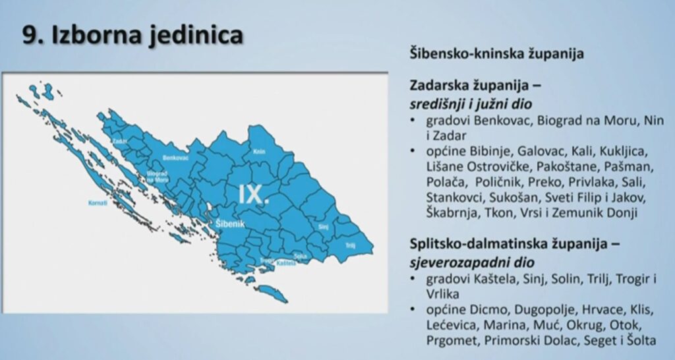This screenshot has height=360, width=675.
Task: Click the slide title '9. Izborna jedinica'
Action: pyautogui.click(x=132, y=35)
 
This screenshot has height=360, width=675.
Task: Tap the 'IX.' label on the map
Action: pyautogui.click(x=254, y=194)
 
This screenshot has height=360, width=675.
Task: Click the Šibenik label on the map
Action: pyautogui.click(x=230, y=225)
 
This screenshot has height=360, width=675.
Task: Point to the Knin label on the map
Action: pyautogui.click(x=259, y=151)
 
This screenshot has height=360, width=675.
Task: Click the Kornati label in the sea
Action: pyautogui.click(x=98, y=203)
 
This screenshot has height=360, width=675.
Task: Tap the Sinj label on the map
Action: pyautogui.click(x=323, y=226)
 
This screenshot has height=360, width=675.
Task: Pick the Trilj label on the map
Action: pyautogui.click(x=351, y=245)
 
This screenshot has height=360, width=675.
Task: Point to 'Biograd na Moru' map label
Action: pyautogui.click(x=157, y=176)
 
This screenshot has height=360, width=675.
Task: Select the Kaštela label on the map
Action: pyautogui.click(x=286, y=262)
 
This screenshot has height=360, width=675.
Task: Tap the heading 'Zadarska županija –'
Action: pyautogui.click(x=479, y=86)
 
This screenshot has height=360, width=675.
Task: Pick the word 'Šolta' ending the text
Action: pyautogui.click(x=640, y=340)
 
